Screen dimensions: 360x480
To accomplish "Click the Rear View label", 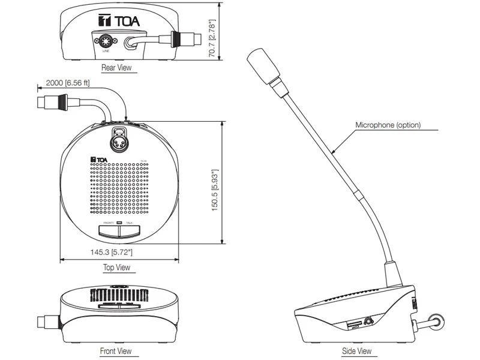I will [x=116, y=68].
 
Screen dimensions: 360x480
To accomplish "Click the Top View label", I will [x=116, y=268].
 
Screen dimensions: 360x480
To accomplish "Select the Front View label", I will [x=116, y=350].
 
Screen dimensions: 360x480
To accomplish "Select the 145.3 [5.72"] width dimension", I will [x=111, y=253].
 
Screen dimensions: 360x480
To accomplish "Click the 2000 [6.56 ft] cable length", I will [x=67, y=83].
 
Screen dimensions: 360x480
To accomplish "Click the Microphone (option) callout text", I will [x=388, y=125].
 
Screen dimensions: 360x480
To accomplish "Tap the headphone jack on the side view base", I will [x=367, y=322].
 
